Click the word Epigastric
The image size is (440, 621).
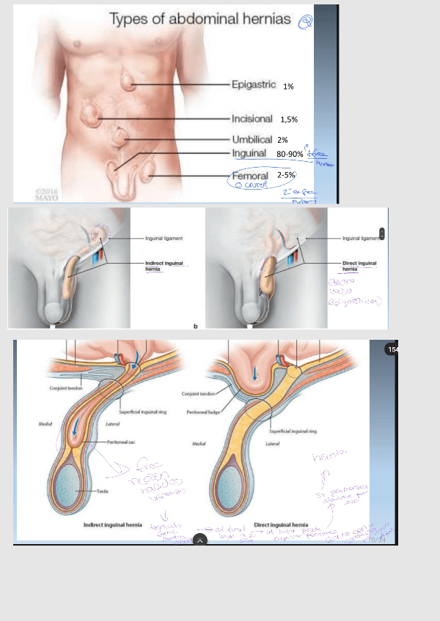(x=254, y=85)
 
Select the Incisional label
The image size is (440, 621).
(x=252, y=119)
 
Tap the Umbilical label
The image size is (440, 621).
(x=252, y=139)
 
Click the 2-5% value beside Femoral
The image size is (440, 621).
(x=286, y=176)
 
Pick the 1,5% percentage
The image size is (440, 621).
(x=288, y=119)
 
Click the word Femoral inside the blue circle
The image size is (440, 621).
(x=250, y=176)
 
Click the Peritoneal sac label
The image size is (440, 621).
(x=120, y=443)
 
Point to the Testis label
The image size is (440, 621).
(x=101, y=491)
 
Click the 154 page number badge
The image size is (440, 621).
(x=392, y=350)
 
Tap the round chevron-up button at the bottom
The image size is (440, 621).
(x=199, y=540)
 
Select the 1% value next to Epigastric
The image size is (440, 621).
(x=288, y=86)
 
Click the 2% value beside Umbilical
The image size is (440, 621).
(x=282, y=140)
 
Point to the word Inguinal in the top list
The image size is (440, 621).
(x=249, y=154)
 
